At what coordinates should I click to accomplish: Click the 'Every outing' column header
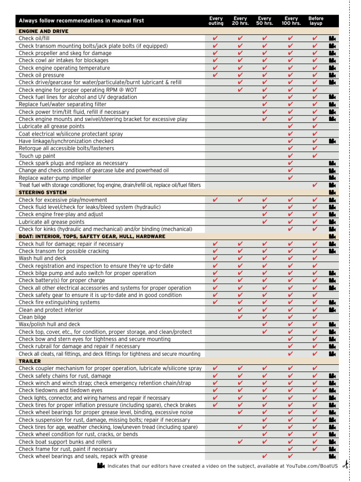coord(216,21)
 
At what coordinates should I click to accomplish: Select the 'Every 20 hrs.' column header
coord(240,21)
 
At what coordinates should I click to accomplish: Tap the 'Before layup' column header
coord(316,21)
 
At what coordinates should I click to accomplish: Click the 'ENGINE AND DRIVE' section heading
coord(43,31)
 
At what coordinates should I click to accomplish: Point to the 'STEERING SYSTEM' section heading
coord(42,192)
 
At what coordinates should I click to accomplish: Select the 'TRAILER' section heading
coord(30,361)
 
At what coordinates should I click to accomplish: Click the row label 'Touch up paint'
coord(37,156)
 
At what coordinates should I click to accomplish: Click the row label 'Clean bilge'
coord(32,317)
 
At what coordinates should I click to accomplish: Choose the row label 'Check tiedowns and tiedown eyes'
coord(60,390)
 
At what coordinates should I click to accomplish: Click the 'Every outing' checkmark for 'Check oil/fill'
coord(215,39)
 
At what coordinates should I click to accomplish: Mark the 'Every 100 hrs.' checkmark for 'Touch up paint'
coord(290,156)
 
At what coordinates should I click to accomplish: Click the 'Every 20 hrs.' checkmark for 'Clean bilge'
coord(240,317)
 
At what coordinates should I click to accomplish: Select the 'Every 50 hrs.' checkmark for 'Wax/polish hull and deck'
coord(265,324)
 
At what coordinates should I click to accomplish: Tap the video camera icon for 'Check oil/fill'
coord(332,39)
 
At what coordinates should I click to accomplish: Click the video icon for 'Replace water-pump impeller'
coord(332,178)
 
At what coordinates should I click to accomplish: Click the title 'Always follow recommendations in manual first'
coord(81,21)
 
